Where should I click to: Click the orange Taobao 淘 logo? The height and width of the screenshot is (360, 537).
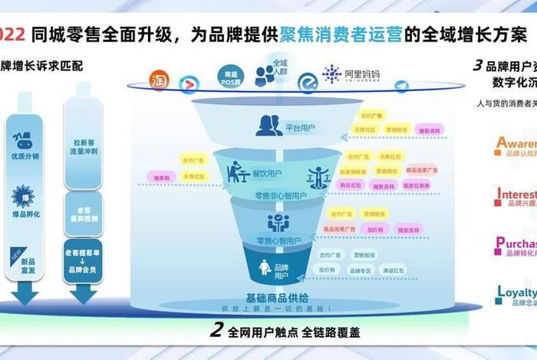159,80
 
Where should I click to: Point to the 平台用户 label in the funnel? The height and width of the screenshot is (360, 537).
299,127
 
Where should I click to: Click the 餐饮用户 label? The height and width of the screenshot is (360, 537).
267,175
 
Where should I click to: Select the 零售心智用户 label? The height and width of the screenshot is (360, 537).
278,241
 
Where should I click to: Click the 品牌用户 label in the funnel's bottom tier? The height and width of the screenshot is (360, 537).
282,270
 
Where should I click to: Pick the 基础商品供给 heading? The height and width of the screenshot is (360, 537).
277,297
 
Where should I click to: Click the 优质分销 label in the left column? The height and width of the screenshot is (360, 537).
25,156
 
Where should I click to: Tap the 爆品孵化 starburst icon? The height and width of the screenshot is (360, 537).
23,196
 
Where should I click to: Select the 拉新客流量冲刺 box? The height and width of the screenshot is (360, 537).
84,148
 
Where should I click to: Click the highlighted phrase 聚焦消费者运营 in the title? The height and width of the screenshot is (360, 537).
344,34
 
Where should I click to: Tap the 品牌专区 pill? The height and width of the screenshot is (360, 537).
359,270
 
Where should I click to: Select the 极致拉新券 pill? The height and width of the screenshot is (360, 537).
417,185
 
